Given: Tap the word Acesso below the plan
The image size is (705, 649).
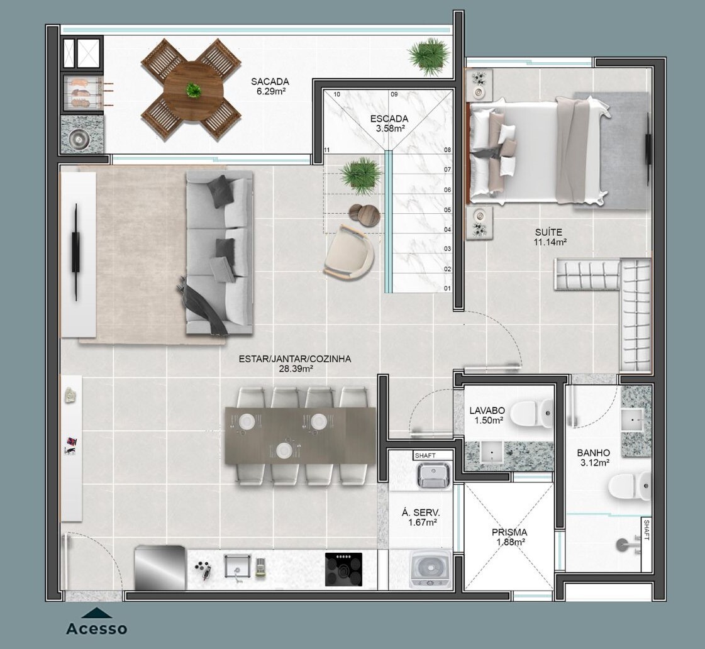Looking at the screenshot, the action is click(97, 628).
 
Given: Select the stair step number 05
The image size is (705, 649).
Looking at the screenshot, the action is click(447, 210).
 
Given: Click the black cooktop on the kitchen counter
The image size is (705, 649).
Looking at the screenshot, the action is click(343, 570).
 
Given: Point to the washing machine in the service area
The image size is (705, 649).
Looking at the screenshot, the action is click(430, 569).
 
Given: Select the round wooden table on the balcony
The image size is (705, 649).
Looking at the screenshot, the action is click(193, 91).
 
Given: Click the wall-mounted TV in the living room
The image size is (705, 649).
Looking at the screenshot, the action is click(76, 252).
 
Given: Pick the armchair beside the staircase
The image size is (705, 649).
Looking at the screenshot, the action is click(349, 252).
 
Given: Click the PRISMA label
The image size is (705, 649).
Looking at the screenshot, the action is click(509, 533).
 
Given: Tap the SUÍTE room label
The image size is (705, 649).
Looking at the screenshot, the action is click(548, 232).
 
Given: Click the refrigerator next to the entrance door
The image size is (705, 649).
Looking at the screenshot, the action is click(160, 568).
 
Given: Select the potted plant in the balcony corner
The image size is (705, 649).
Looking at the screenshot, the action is click(428, 54).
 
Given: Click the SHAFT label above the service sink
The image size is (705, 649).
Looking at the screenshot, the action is click(425, 456).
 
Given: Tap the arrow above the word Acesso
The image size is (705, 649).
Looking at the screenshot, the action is click(97, 613).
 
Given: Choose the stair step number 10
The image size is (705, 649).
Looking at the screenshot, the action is click(336, 94).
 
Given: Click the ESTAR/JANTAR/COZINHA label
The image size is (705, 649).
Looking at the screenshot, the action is click(295, 359).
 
